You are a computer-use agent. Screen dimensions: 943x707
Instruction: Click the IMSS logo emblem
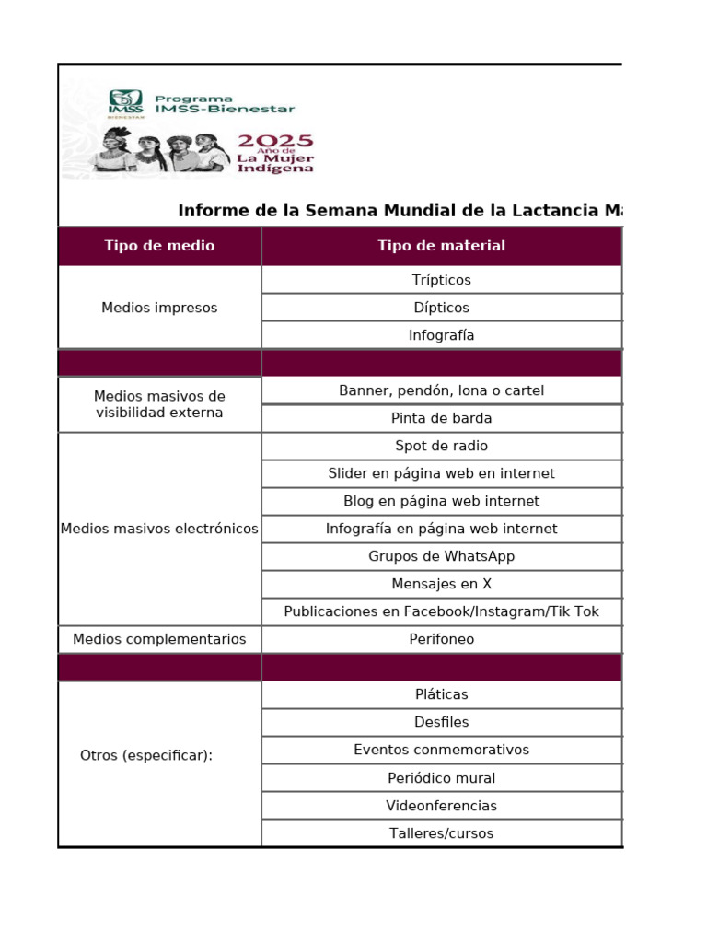point(125,103)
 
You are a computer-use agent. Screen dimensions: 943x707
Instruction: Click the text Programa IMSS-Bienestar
point(225,103)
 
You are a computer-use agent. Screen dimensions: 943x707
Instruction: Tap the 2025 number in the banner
point(275,141)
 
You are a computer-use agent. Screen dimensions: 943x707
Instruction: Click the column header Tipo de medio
point(159,246)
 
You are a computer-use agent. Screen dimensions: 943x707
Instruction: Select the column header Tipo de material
point(441,246)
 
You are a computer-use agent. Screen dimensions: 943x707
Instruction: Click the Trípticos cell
point(441,280)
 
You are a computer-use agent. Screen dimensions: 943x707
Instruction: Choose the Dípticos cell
point(441,308)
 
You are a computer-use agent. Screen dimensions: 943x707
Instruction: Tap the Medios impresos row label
point(159,308)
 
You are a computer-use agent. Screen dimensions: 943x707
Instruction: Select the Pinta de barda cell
point(441,418)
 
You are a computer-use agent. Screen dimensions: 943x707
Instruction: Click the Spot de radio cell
point(441,446)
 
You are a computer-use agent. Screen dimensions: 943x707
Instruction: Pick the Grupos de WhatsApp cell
point(441,556)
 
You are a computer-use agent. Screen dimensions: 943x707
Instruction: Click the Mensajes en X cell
point(441,584)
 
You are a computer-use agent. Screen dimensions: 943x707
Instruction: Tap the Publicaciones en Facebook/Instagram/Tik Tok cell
point(441,611)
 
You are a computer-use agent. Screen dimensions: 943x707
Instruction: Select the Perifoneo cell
point(441,639)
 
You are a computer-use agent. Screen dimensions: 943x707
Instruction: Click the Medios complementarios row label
point(159,639)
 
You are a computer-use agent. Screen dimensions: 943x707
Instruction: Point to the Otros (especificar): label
point(146,755)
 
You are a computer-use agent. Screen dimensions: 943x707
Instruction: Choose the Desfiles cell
point(441,722)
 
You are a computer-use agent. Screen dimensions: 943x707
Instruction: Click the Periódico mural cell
point(441,778)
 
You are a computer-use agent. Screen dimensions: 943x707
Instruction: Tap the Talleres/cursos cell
point(441,833)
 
